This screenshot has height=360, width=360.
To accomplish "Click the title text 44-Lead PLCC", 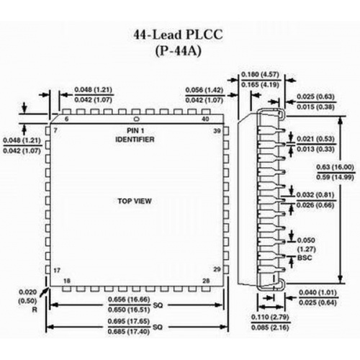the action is click(x=178, y=35).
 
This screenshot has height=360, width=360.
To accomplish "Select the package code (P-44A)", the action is click(x=178, y=51).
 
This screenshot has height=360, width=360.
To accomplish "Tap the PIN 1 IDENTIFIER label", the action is click(x=135, y=135).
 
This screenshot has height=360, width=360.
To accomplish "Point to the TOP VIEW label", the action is click(x=135, y=201).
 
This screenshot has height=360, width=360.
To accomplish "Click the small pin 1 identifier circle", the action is click(x=136, y=119).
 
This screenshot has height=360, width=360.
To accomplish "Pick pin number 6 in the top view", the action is click(x=66, y=119).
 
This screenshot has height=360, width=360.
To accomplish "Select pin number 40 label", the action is click(x=205, y=119).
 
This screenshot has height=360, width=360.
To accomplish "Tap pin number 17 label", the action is click(x=57, y=271).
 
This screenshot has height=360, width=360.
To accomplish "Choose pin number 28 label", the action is click(x=206, y=281).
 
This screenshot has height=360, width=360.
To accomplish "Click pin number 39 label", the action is click(x=217, y=131).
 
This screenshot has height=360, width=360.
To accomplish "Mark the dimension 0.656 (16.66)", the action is click(x=129, y=300).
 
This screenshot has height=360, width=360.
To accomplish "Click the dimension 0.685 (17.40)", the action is click(x=129, y=332).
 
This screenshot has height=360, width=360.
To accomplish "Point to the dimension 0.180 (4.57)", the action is click(x=261, y=74).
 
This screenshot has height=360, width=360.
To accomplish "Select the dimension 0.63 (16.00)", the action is click(x=336, y=167).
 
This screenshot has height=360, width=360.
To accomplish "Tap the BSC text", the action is click(x=305, y=258).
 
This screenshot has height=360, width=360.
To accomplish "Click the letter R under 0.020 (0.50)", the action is click(x=35, y=310).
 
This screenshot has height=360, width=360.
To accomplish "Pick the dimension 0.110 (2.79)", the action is click(x=270, y=318).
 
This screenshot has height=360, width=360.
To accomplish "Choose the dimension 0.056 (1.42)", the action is click(x=204, y=90).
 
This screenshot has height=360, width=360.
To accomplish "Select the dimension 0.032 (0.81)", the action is click(x=315, y=194).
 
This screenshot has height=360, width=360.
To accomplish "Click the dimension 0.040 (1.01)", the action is click(x=318, y=292).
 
